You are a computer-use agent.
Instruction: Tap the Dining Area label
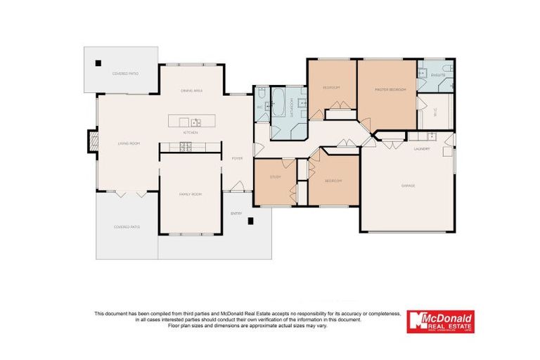[192, 91]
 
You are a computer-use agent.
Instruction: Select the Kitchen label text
[191, 132]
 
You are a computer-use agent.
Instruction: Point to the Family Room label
[191, 193]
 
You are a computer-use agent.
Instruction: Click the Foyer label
[238, 158]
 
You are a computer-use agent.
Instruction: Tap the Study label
[276, 177]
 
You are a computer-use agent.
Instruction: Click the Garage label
[408, 186]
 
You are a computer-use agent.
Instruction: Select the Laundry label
[422, 148]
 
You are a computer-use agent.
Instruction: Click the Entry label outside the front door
[236, 213]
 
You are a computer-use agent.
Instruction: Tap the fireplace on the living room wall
[91, 141]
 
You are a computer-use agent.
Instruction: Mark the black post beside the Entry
[250, 221]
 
